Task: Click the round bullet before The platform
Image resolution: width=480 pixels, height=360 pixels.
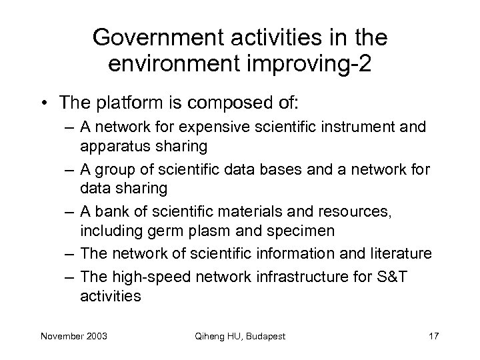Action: (x=45, y=104)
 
